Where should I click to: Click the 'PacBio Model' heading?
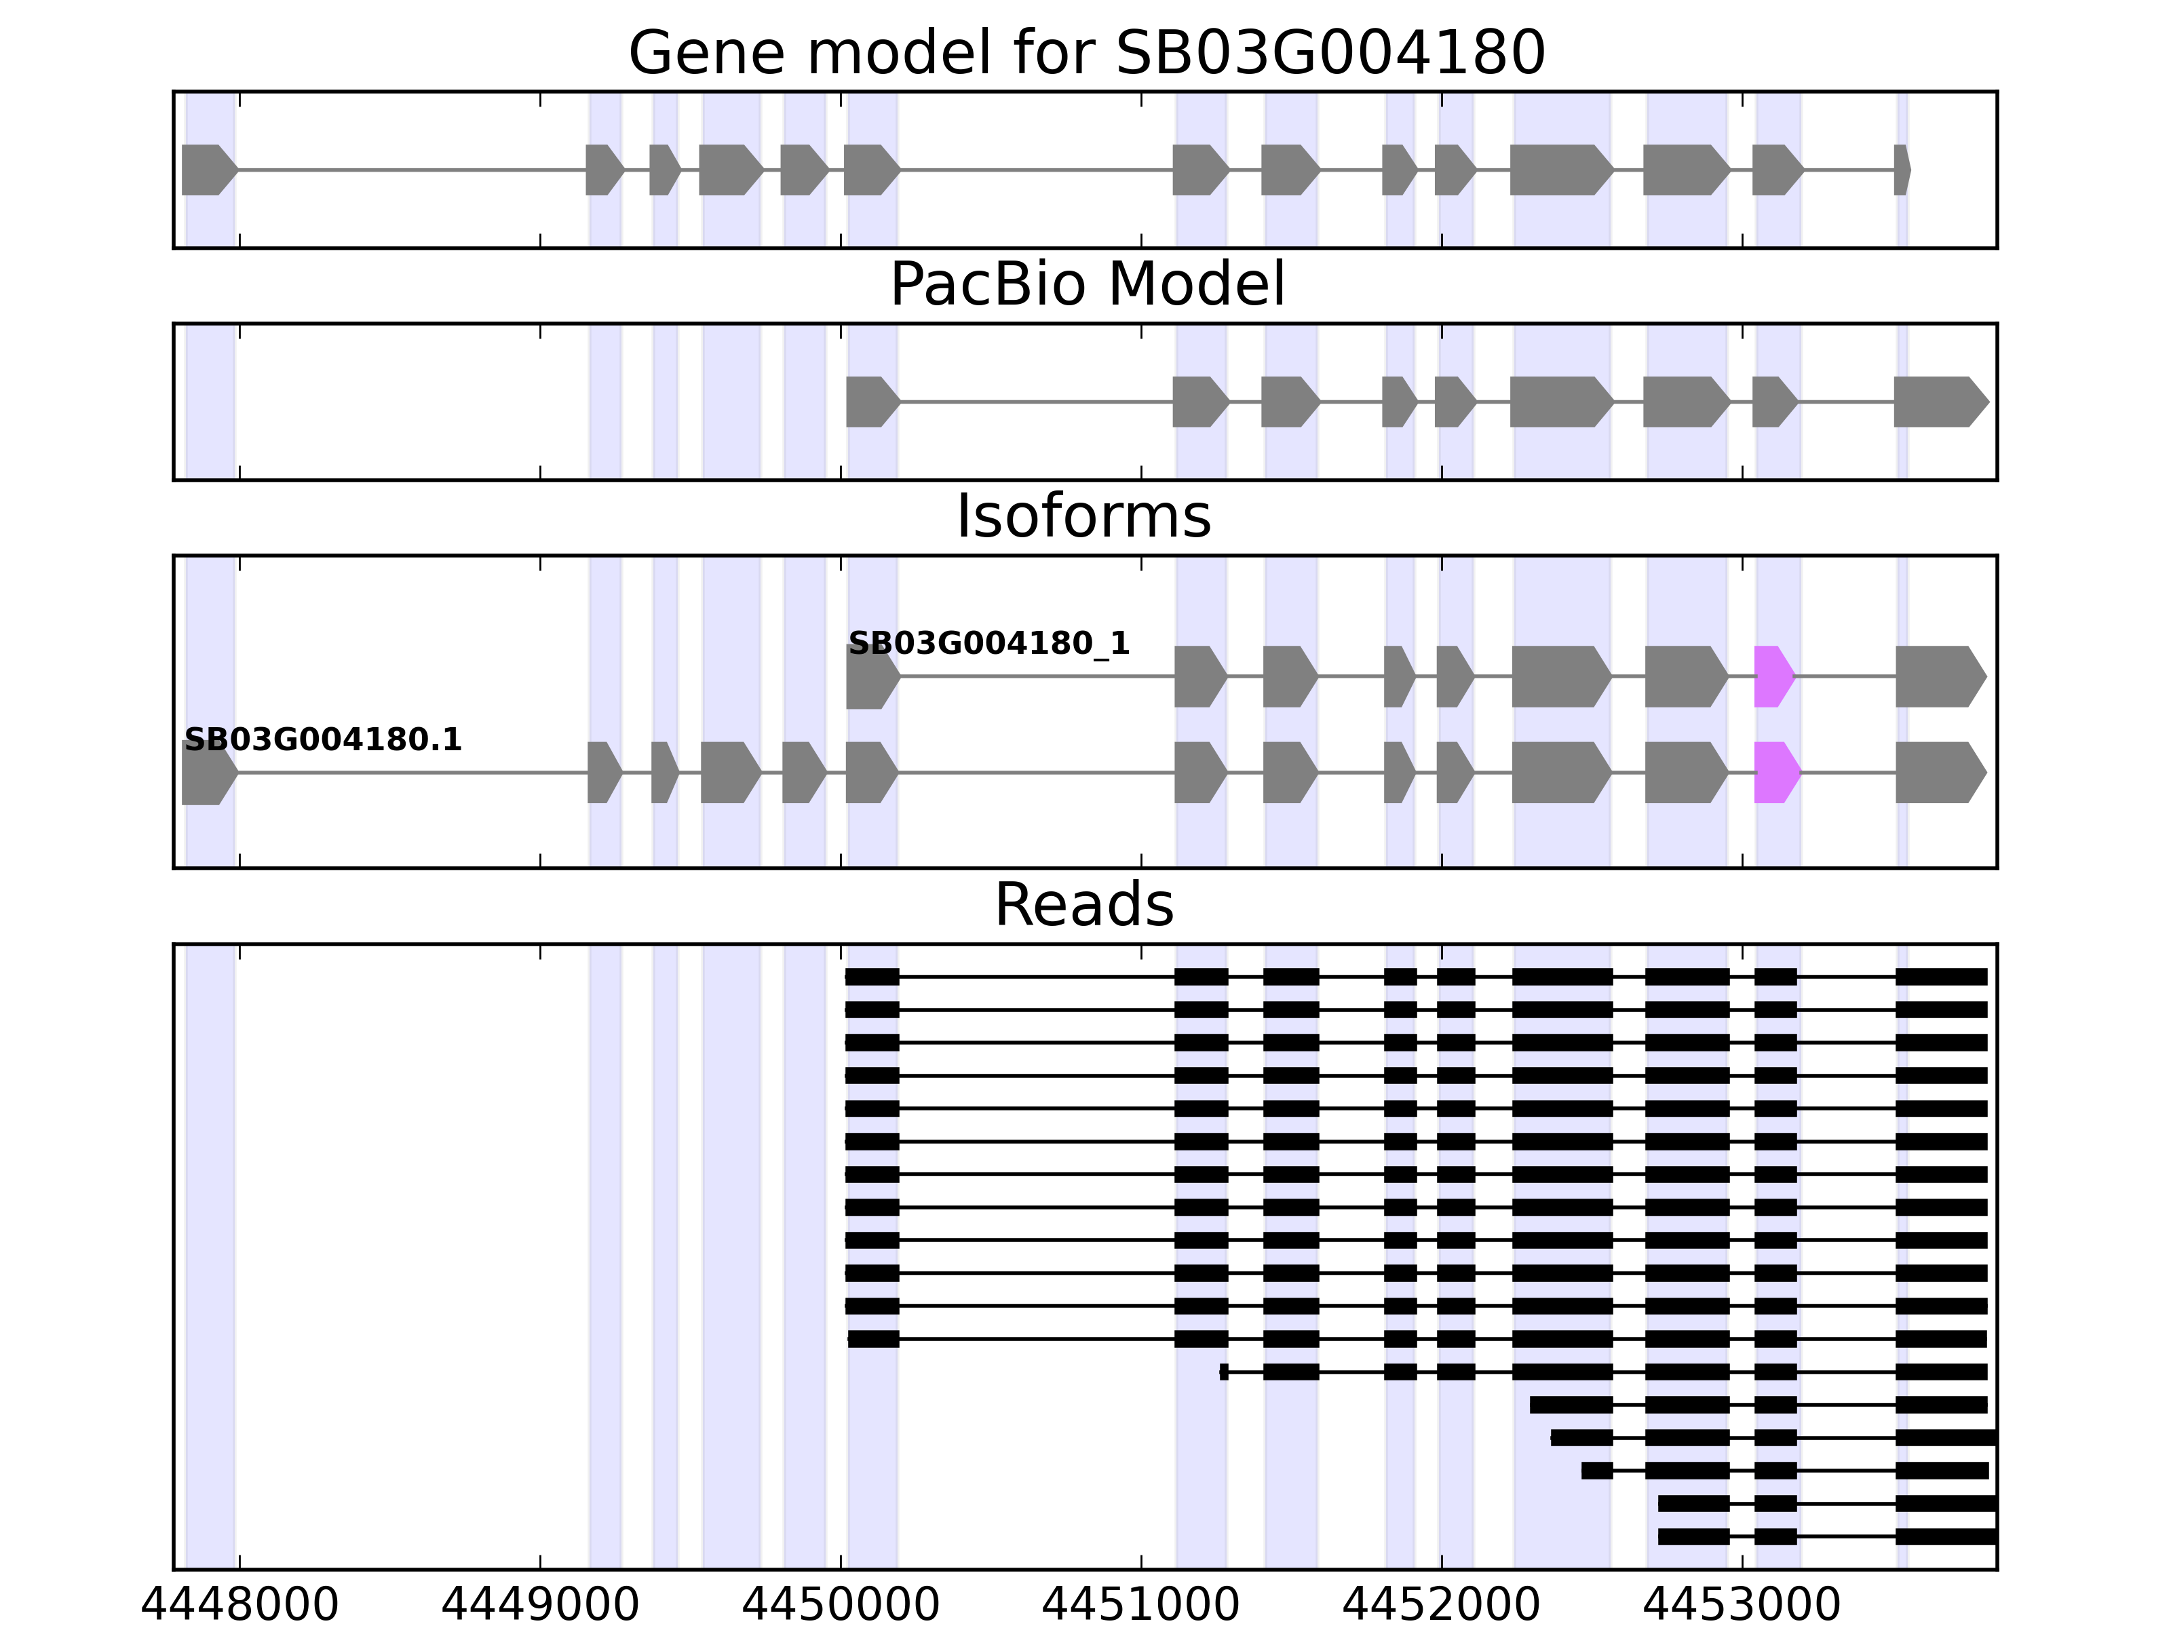point(1085,285)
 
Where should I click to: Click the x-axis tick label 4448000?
point(239,1606)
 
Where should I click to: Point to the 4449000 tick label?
point(540,1606)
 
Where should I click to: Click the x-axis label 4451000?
point(1140,1606)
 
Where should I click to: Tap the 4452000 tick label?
point(1441,1606)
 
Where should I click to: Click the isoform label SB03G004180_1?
point(988,644)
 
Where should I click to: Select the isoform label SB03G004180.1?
point(322,740)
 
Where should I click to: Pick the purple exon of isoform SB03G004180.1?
point(1775,773)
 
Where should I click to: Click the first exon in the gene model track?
point(207,170)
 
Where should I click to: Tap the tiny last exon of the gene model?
point(1901,170)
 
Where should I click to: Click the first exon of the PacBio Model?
point(870,402)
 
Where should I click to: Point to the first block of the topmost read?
point(872,976)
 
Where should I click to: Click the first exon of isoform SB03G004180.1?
point(207,773)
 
